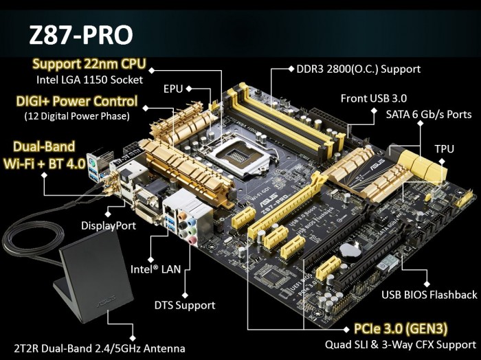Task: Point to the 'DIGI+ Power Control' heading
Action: click(76, 102)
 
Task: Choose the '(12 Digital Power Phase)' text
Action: click(76, 115)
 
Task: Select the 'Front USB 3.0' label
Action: click(373, 98)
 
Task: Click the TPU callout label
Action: click(444, 148)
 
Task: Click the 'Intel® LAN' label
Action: click(155, 270)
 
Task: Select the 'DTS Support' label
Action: click(184, 305)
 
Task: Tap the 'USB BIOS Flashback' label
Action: click(429, 295)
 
